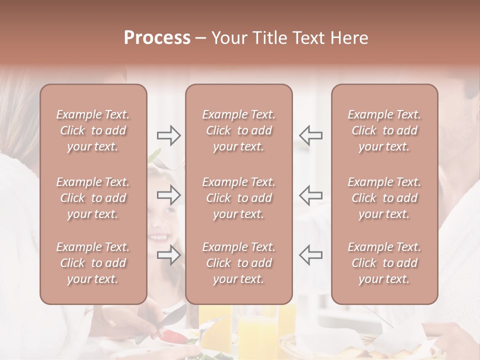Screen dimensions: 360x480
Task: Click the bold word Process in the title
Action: [x=157, y=38]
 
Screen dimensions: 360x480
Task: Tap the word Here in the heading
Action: [x=349, y=38]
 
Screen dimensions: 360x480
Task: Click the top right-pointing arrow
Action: [x=169, y=135]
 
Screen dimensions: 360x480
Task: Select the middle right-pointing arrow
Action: [x=169, y=195]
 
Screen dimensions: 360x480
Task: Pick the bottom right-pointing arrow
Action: [x=169, y=254]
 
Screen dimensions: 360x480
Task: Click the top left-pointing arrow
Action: [x=310, y=135]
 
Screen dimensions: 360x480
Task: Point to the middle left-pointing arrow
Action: [x=310, y=195]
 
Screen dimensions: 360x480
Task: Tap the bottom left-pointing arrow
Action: [x=310, y=254]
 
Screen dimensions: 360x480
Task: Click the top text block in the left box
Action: [x=93, y=130]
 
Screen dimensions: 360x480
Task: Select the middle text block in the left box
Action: [x=93, y=198]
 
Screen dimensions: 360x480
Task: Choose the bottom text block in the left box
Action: [x=93, y=263]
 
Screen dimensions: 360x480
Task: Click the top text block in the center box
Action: [x=239, y=130]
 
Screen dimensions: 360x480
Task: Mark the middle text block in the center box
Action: [x=239, y=198]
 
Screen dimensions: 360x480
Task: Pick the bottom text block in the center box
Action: [x=239, y=263]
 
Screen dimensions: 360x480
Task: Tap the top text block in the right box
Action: [x=384, y=130]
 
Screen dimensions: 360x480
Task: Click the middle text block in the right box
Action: [x=384, y=198]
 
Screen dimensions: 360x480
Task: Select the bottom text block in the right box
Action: [x=384, y=263]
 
